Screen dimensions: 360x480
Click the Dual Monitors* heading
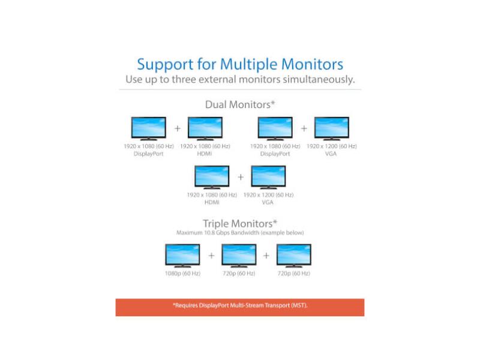tap(240, 104)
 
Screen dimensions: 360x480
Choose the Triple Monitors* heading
tap(240, 223)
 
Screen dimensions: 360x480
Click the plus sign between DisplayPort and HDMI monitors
tap(177, 128)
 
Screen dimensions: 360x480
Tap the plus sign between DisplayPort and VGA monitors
tap(304, 128)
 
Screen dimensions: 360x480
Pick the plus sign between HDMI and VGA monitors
tap(241, 177)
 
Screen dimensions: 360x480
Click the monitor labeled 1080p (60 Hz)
tap(182, 255)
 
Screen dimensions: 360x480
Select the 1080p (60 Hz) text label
tap(182, 274)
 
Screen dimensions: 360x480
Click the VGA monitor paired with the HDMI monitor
tap(268, 177)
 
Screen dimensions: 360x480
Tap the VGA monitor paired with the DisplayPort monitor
tap(332, 128)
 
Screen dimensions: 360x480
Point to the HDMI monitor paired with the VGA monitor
tap(212, 177)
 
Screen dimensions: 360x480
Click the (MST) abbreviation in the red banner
tap(298, 305)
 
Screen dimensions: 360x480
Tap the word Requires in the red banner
tap(187, 305)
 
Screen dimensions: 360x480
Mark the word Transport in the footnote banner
tap(274, 305)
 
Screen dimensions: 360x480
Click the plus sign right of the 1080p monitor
tap(211, 255)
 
